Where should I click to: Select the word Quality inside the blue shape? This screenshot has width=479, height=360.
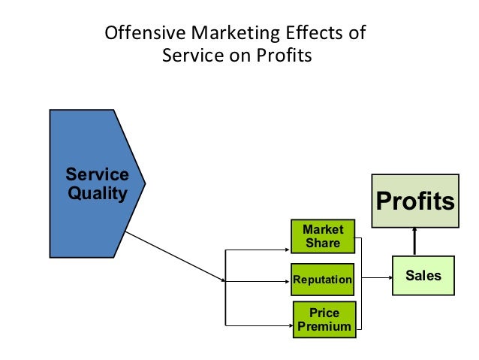pos(97,193)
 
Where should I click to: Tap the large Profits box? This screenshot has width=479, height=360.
pos(414,201)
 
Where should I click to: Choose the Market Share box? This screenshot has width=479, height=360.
pos(322,236)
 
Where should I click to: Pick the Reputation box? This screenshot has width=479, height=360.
pos(322,280)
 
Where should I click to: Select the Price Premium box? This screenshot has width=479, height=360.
pos(324,319)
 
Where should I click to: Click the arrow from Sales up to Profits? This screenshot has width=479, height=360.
pos(414,242)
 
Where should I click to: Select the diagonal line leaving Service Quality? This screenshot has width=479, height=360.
pos(174,256)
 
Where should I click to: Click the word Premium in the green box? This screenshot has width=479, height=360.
pos(324,326)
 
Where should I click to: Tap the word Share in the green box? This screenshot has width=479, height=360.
pos(323,243)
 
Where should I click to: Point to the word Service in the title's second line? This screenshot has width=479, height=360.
pos(188,56)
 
